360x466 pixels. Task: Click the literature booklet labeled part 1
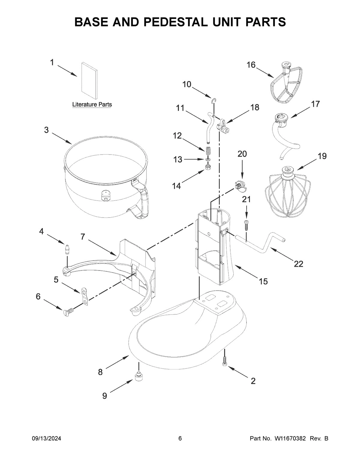pos(89,80)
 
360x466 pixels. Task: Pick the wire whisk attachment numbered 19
pos(287,192)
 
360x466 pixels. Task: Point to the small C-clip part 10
pos(214,100)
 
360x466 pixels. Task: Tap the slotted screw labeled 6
pos(68,312)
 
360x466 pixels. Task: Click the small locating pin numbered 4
pos(68,249)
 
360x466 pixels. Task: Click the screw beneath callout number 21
pos(246,225)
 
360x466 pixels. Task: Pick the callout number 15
pos(263,281)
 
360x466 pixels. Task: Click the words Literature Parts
pos(92,104)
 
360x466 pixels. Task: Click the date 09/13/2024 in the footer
pos(46,439)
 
